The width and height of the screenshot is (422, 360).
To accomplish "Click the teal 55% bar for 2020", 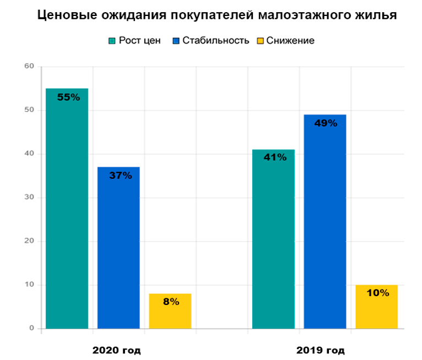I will click(67, 209).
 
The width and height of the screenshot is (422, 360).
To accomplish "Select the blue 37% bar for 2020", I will click(118, 248).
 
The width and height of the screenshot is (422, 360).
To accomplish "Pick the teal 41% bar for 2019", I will click(273, 239).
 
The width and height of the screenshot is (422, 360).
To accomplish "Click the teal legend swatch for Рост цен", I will click(112, 41).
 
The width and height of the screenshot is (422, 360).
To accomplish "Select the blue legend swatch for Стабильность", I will click(176, 41).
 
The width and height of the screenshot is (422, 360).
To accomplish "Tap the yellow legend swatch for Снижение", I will click(261, 41).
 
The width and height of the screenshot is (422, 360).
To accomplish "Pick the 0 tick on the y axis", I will click(31, 329).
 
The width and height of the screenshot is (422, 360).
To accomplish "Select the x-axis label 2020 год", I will click(117, 350).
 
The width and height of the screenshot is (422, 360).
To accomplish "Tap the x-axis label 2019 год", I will click(321, 350).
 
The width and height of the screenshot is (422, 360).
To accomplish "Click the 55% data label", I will click(68, 97).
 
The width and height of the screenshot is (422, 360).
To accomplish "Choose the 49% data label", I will click(326, 123).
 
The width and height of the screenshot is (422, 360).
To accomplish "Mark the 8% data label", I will click(171, 302).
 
